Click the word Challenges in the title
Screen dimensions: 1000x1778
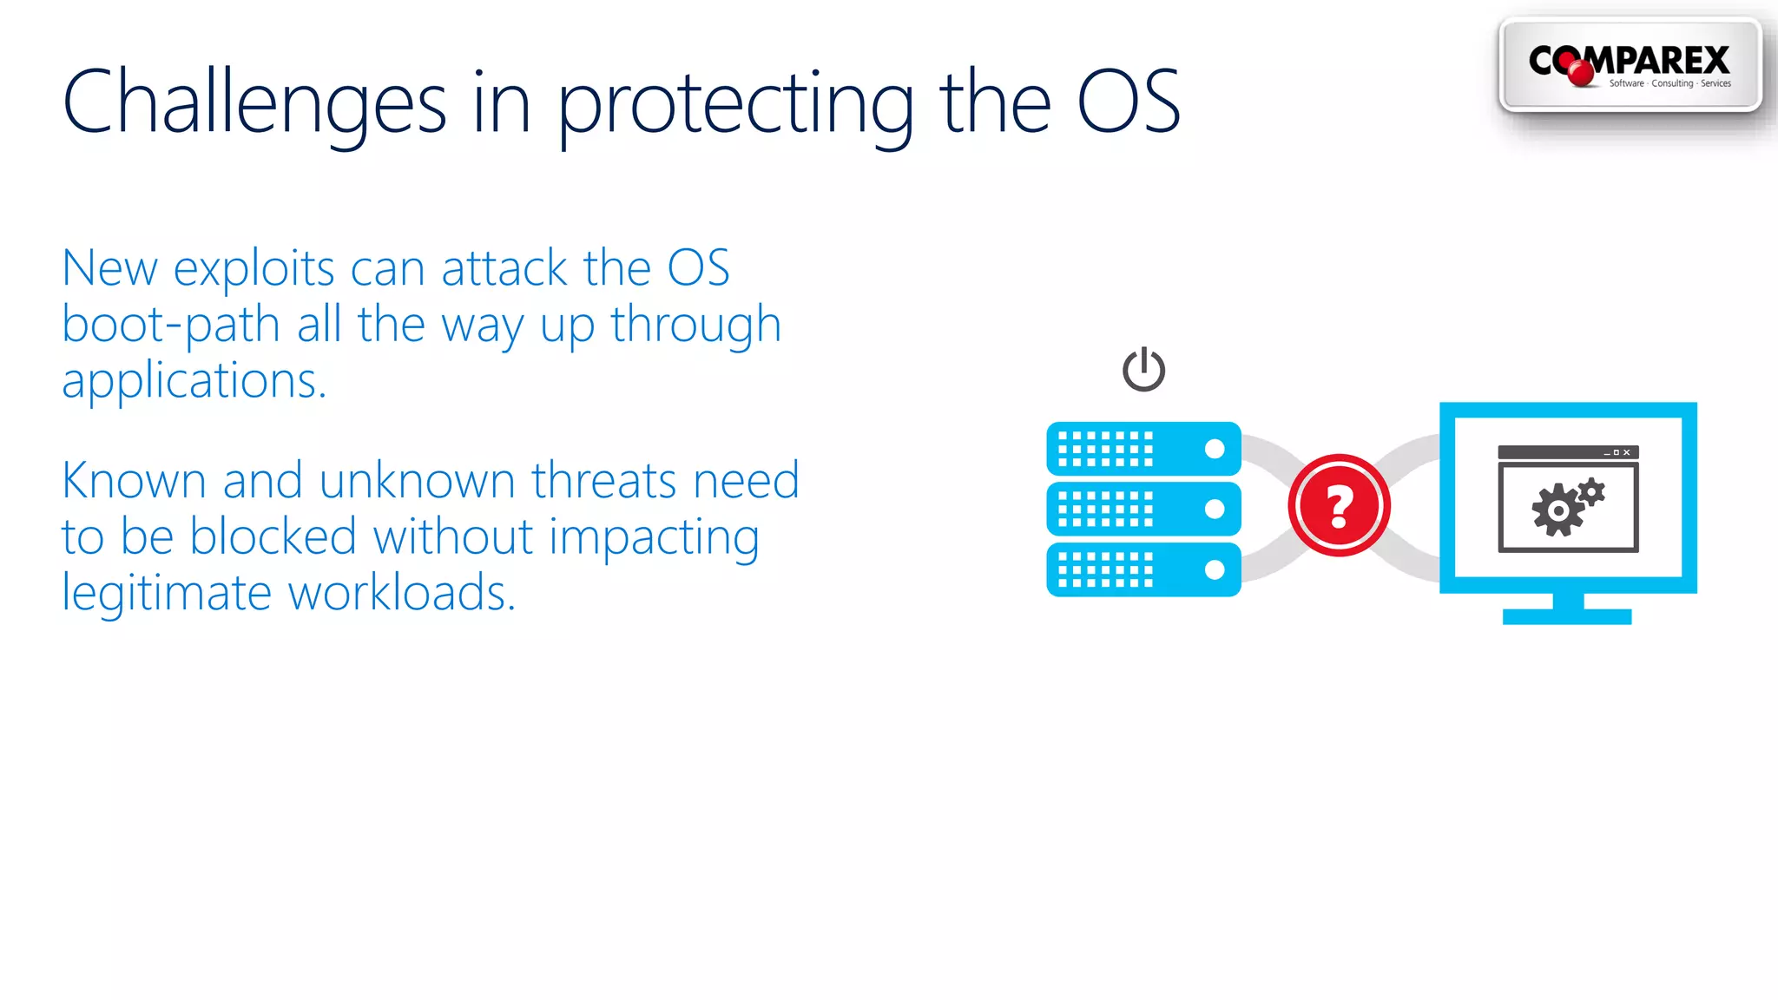point(254,104)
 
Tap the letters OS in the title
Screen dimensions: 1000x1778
point(1128,102)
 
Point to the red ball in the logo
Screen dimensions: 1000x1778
point(1581,73)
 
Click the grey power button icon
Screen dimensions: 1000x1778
point(1143,370)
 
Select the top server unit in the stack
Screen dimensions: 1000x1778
point(1143,449)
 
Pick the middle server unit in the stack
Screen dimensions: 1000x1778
point(1143,509)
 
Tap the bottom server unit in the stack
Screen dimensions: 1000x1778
point(1143,569)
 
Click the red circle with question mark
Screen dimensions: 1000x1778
point(1339,505)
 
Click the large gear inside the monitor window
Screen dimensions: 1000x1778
point(1557,510)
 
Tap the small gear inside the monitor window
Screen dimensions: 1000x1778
point(1592,493)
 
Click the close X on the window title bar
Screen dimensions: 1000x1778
point(1627,452)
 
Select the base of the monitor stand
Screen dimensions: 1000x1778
point(1567,616)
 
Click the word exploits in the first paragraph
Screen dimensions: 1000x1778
point(254,269)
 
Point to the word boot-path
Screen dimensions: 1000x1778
point(170,326)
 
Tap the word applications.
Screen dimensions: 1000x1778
point(194,382)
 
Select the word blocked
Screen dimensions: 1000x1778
point(273,536)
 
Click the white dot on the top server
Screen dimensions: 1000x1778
point(1215,449)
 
